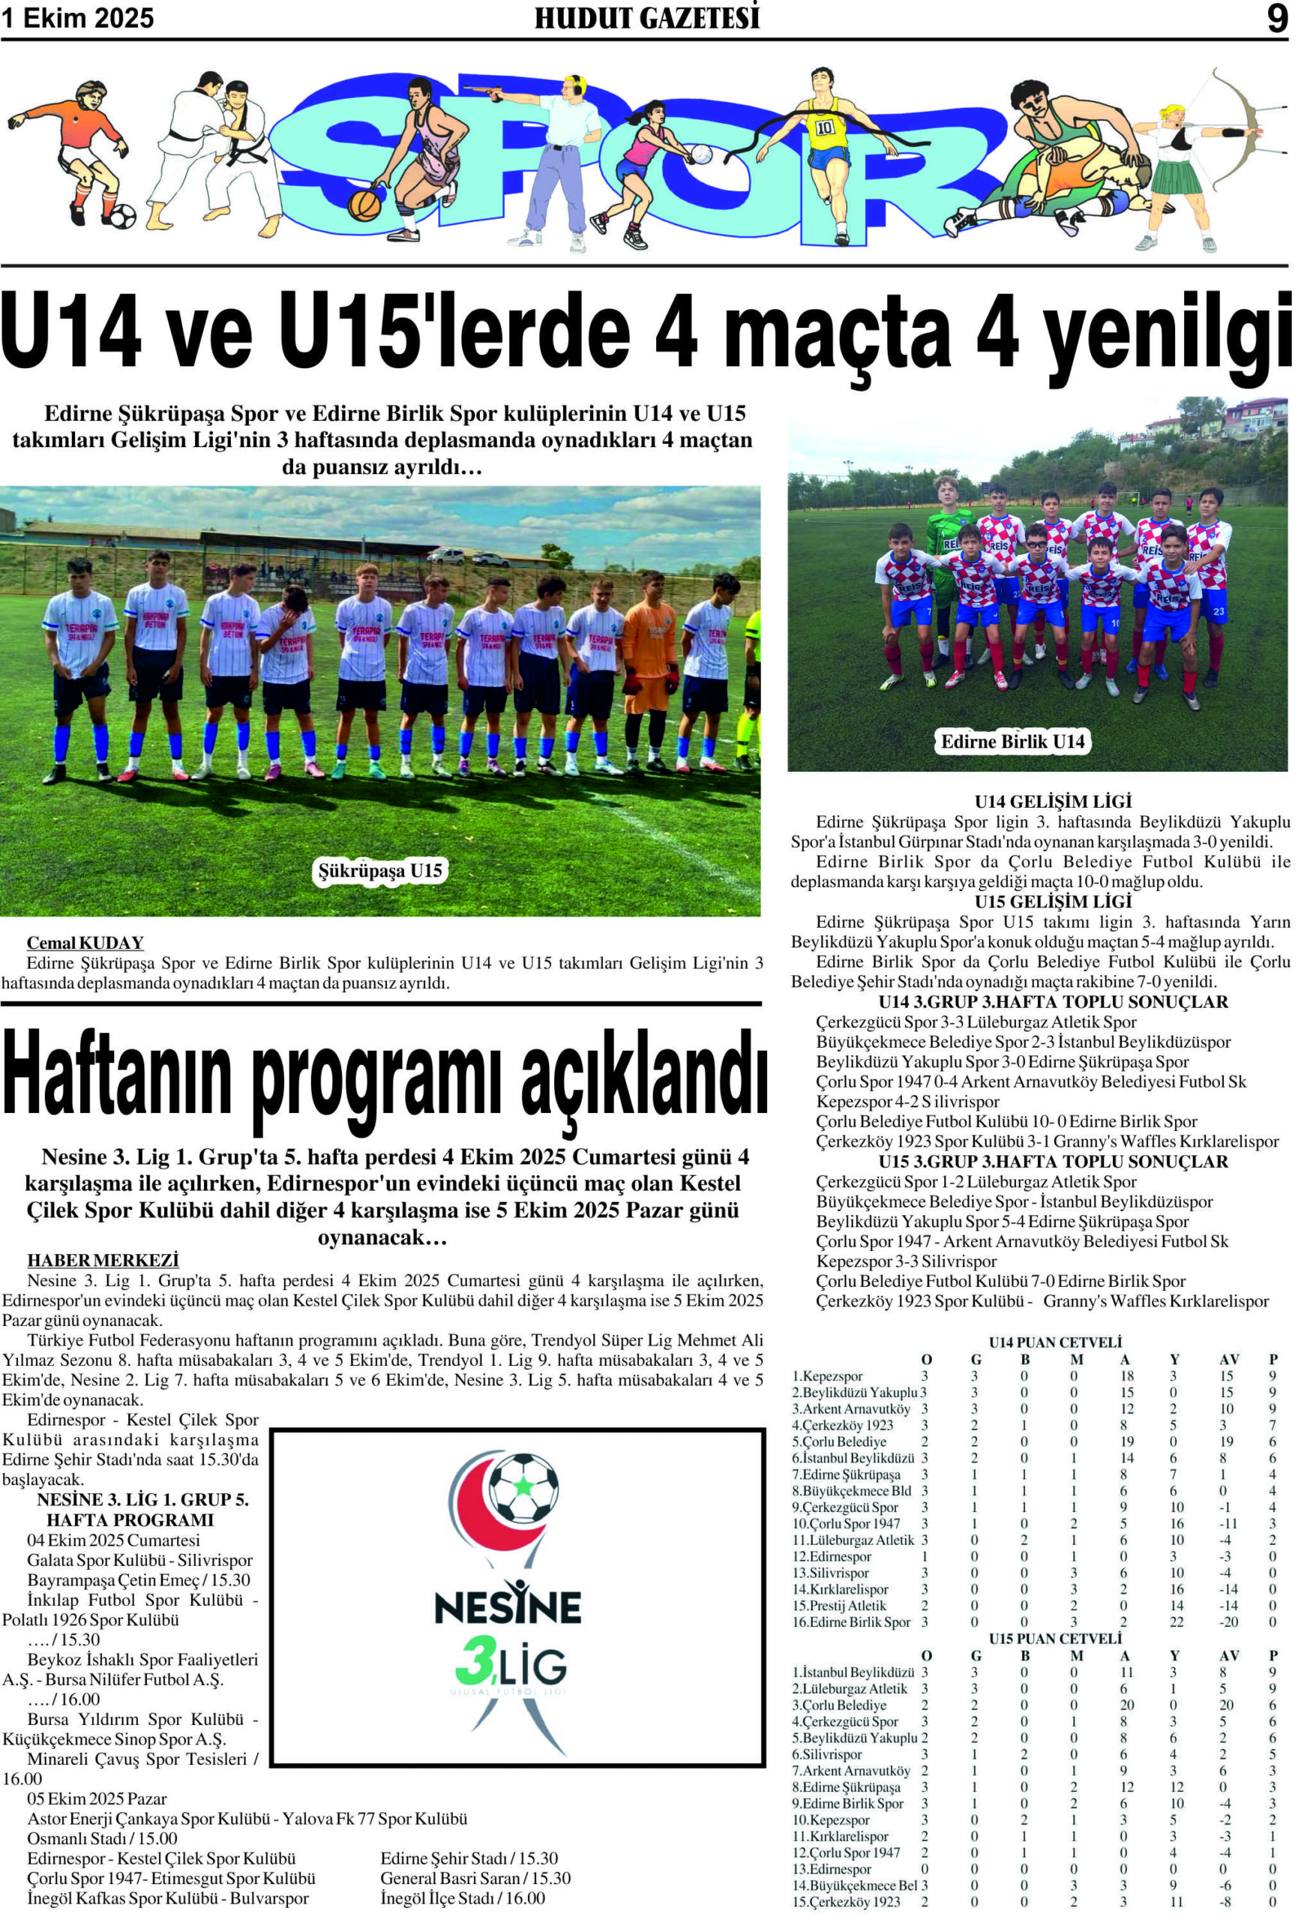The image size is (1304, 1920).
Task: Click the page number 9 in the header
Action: pyautogui.click(x=1277, y=18)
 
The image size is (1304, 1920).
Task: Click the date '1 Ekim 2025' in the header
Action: pyautogui.click(x=78, y=18)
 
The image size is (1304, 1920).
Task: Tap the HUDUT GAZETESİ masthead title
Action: pyautogui.click(x=646, y=18)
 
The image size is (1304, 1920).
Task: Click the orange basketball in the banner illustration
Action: pyautogui.click(x=364, y=204)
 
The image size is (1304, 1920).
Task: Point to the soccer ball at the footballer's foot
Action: pyautogui.click(x=122, y=216)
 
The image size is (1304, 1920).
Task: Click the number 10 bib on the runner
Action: pyautogui.click(x=825, y=128)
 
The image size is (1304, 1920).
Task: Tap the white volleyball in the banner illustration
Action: pyautogui.click(x=700, y=154)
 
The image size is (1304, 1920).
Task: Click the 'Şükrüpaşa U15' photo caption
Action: pyautogui.click(x=381, y=870)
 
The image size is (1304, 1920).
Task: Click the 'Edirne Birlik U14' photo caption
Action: pyautogui.click(x=1012, y=741)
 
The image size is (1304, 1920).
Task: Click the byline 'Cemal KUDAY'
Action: pyautogui.click(x=85, y=943)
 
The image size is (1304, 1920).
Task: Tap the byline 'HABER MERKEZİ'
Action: pyautogui.click(x=103, y=1261)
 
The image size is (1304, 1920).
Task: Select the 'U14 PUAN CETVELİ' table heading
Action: pyautogui.click(x=1054, y=1342)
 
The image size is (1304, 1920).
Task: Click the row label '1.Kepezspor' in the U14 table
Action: pyautogui.click(x=828, y=1375)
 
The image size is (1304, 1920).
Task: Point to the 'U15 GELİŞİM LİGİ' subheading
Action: pyautogui.click(x=1052, y=901)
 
